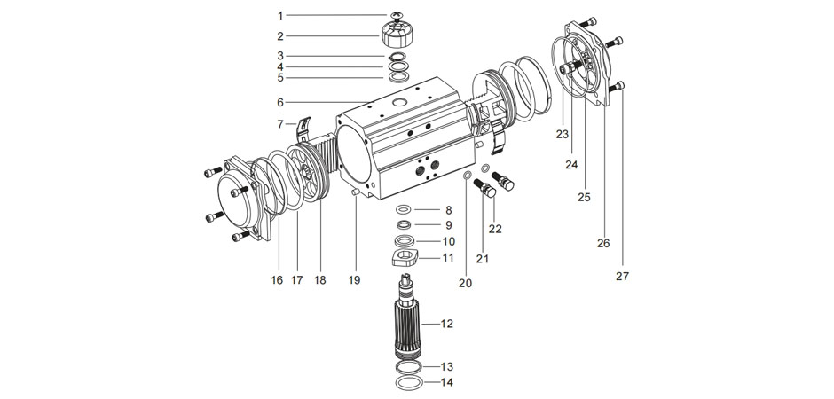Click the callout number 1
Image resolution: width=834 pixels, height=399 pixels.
(279, 16)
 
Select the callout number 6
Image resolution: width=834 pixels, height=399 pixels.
(279, 102)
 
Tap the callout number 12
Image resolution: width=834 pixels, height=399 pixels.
(446, 324)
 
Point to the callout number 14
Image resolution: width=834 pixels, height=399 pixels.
(446, 383)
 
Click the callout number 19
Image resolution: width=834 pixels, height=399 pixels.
(354, 280)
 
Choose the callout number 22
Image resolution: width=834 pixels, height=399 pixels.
(495, 229)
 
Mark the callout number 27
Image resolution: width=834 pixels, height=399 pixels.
(621, 276)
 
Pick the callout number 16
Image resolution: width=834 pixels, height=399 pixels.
(277, 280)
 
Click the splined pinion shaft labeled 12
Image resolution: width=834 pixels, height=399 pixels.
(409, 324)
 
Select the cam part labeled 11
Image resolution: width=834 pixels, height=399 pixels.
(404, 259)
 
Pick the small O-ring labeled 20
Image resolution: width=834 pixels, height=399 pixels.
(467, 176)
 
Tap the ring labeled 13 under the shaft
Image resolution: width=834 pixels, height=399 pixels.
(408, 366)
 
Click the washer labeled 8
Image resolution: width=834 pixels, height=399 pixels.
(403, 210)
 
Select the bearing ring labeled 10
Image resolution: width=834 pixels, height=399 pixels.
(404, 241)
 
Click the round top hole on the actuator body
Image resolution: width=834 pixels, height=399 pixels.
(400, 105)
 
